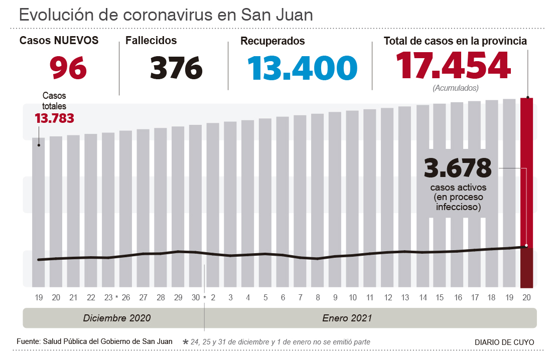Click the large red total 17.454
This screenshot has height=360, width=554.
pos(453,66)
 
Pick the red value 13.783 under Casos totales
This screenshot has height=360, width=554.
pos(54,118)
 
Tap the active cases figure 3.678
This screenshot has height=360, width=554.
pos(458,168)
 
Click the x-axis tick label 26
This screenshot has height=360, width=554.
pos(125,298)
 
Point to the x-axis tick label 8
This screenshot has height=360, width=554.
pos(318,298)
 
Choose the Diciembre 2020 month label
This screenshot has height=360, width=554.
pos(117,318)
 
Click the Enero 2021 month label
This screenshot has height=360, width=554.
pos(347,318)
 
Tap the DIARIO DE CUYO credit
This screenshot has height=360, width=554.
pos(504,342)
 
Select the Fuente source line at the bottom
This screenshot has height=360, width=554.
pos(95,341)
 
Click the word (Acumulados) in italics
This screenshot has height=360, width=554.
pos(455,88)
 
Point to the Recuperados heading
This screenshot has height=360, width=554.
pos(272,41)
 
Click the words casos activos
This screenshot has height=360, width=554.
pos(458,188)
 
